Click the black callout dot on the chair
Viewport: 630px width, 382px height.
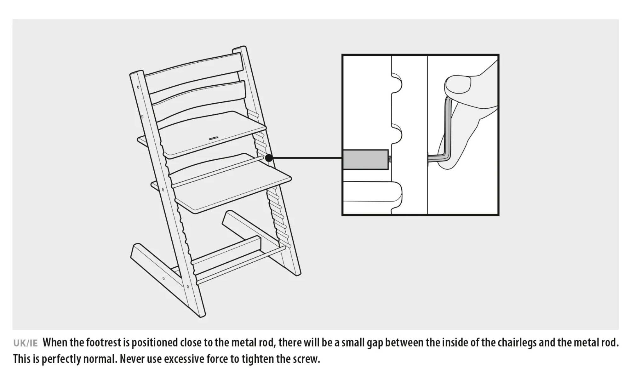click(269, 158)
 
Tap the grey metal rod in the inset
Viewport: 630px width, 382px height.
click(365, 160)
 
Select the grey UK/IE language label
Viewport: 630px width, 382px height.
click(25, 343)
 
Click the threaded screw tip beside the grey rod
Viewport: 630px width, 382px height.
click(390, 160)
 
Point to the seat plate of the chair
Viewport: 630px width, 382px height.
click(212, 134)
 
